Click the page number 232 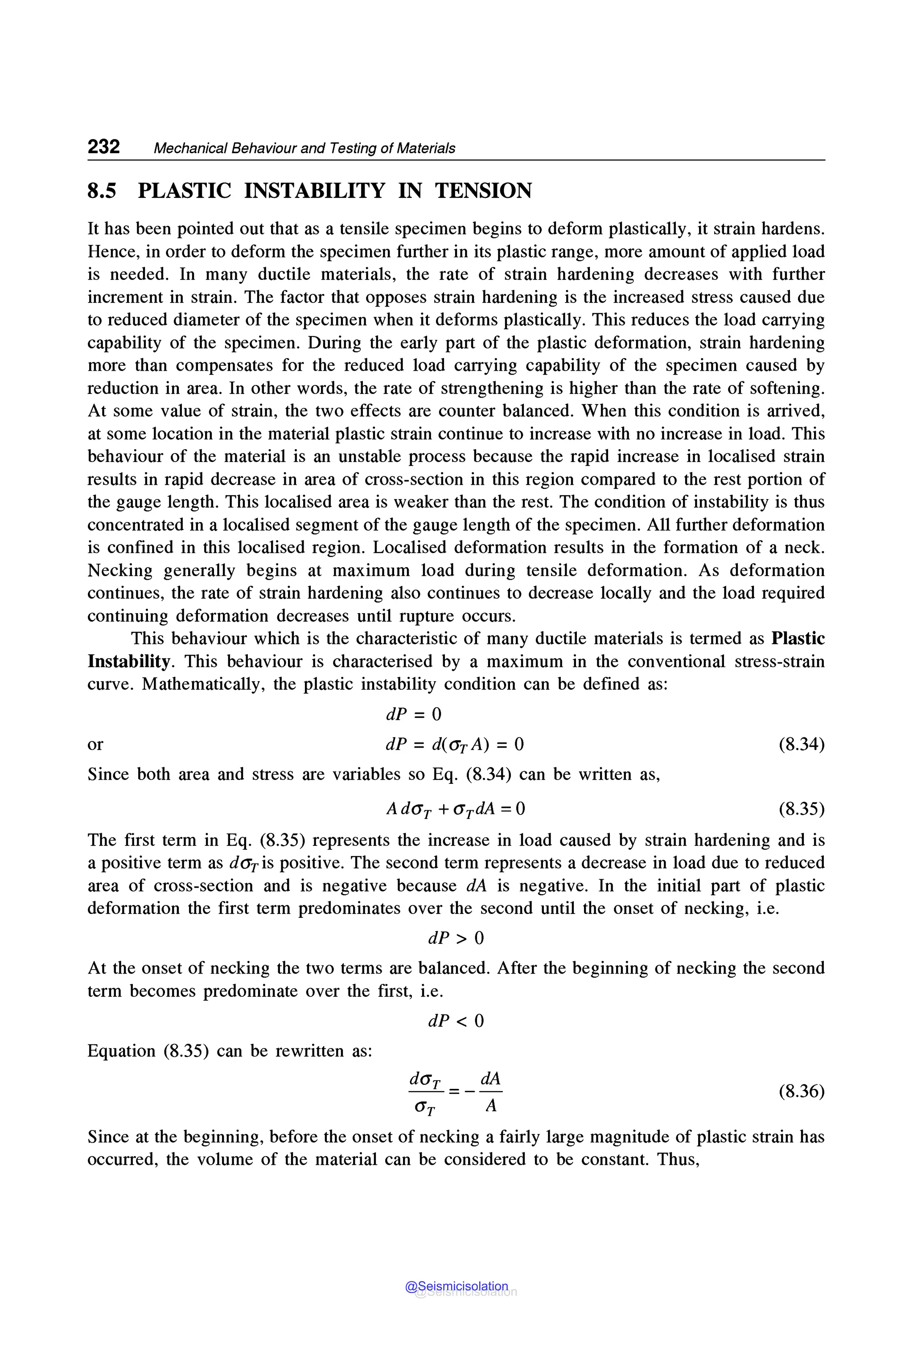[x=103, y=147]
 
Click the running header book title [x=304, y=148]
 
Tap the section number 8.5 [x=102, y=191]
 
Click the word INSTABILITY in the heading [x=314, y=191]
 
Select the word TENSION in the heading [x=483, y=191]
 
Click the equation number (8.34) [x=801, y=745]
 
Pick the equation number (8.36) [x=801, y=1091]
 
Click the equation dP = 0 [x=413, y=714]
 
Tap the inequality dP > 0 [x=456, y=938]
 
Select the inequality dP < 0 [x=456, y=1021]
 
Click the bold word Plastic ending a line [x=798, y=639]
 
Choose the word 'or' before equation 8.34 [x=95, y=745]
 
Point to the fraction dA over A [x=491, y=1091]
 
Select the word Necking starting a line [x=120, y=570]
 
